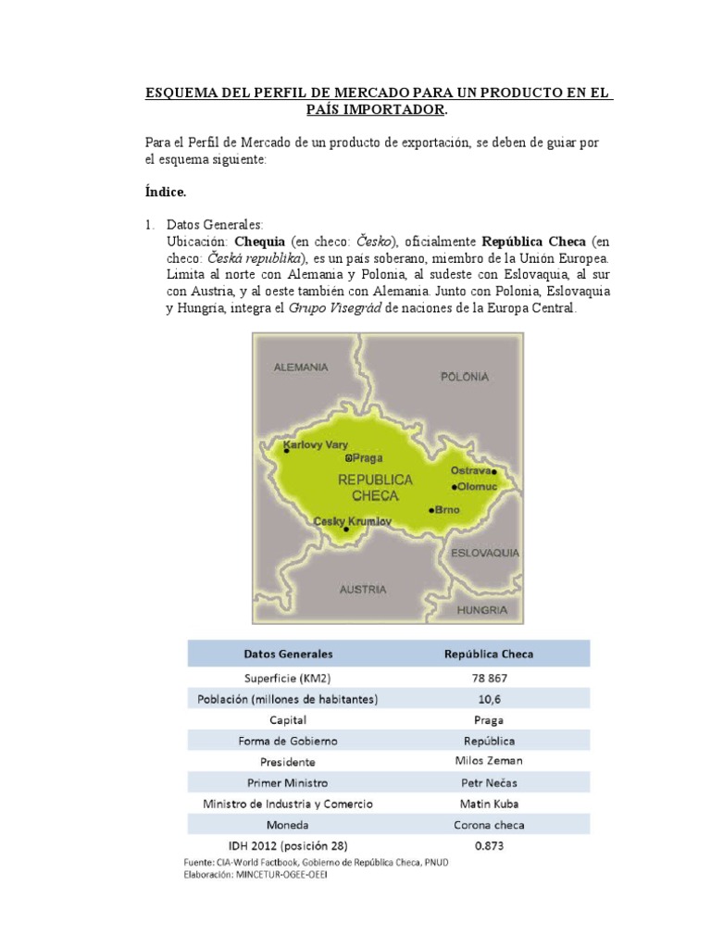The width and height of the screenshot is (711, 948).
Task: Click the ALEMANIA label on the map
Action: coord(300,367)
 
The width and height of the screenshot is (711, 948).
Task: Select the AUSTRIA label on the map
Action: coord(363,589)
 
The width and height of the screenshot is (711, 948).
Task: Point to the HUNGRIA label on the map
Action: coord(481,610)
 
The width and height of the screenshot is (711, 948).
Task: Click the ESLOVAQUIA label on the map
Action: coord(484,553)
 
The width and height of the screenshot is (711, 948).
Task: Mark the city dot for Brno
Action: coord(431,510)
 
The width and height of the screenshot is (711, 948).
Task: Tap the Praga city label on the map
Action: coord(366,457)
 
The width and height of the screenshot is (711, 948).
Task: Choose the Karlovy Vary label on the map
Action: coord(316,444)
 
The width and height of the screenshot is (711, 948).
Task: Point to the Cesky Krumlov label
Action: coord(353,521)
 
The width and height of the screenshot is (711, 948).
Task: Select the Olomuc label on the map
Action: coord(476,487)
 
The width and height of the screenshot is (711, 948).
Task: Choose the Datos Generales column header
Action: coord(288,654)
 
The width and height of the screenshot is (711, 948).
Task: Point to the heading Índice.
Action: coord(166,193)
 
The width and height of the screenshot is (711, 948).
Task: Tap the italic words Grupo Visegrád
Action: coord(327,308)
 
